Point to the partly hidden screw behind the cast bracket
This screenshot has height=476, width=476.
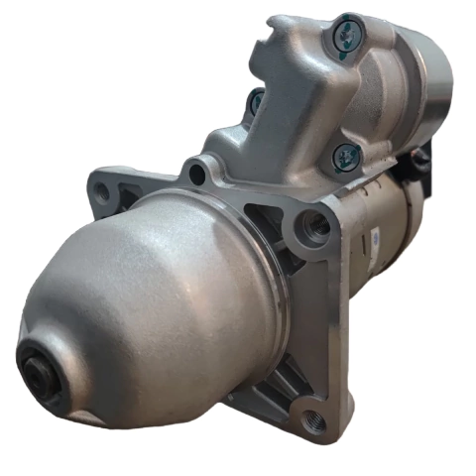pos(256,100)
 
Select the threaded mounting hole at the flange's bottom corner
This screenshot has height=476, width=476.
pos(315,420)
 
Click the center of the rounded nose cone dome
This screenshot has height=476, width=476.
pos(149,297)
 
